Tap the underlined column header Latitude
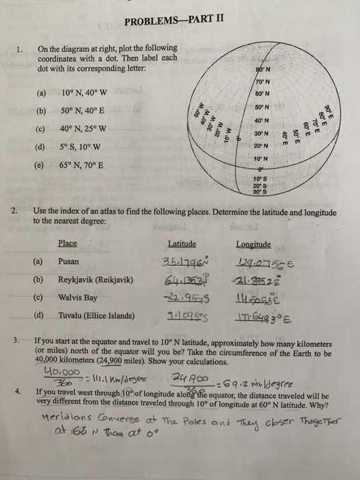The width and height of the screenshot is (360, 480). click(x=181, y=243)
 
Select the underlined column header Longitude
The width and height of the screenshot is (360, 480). click(x=253, y=243)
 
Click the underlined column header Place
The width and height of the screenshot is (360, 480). click(x=67, y=243)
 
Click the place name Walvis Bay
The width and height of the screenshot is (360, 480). click(x=77, y=297)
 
